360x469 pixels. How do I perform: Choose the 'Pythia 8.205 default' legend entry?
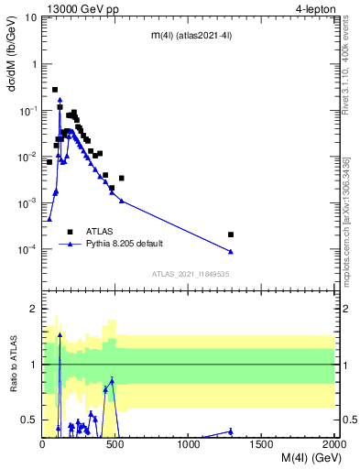[125, 244]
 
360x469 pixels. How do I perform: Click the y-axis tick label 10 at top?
[30, 17]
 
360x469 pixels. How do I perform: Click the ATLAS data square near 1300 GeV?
[231, 234]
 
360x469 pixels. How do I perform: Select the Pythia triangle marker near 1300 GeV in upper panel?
[231, 251]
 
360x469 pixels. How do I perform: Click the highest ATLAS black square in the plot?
[55, 90]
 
